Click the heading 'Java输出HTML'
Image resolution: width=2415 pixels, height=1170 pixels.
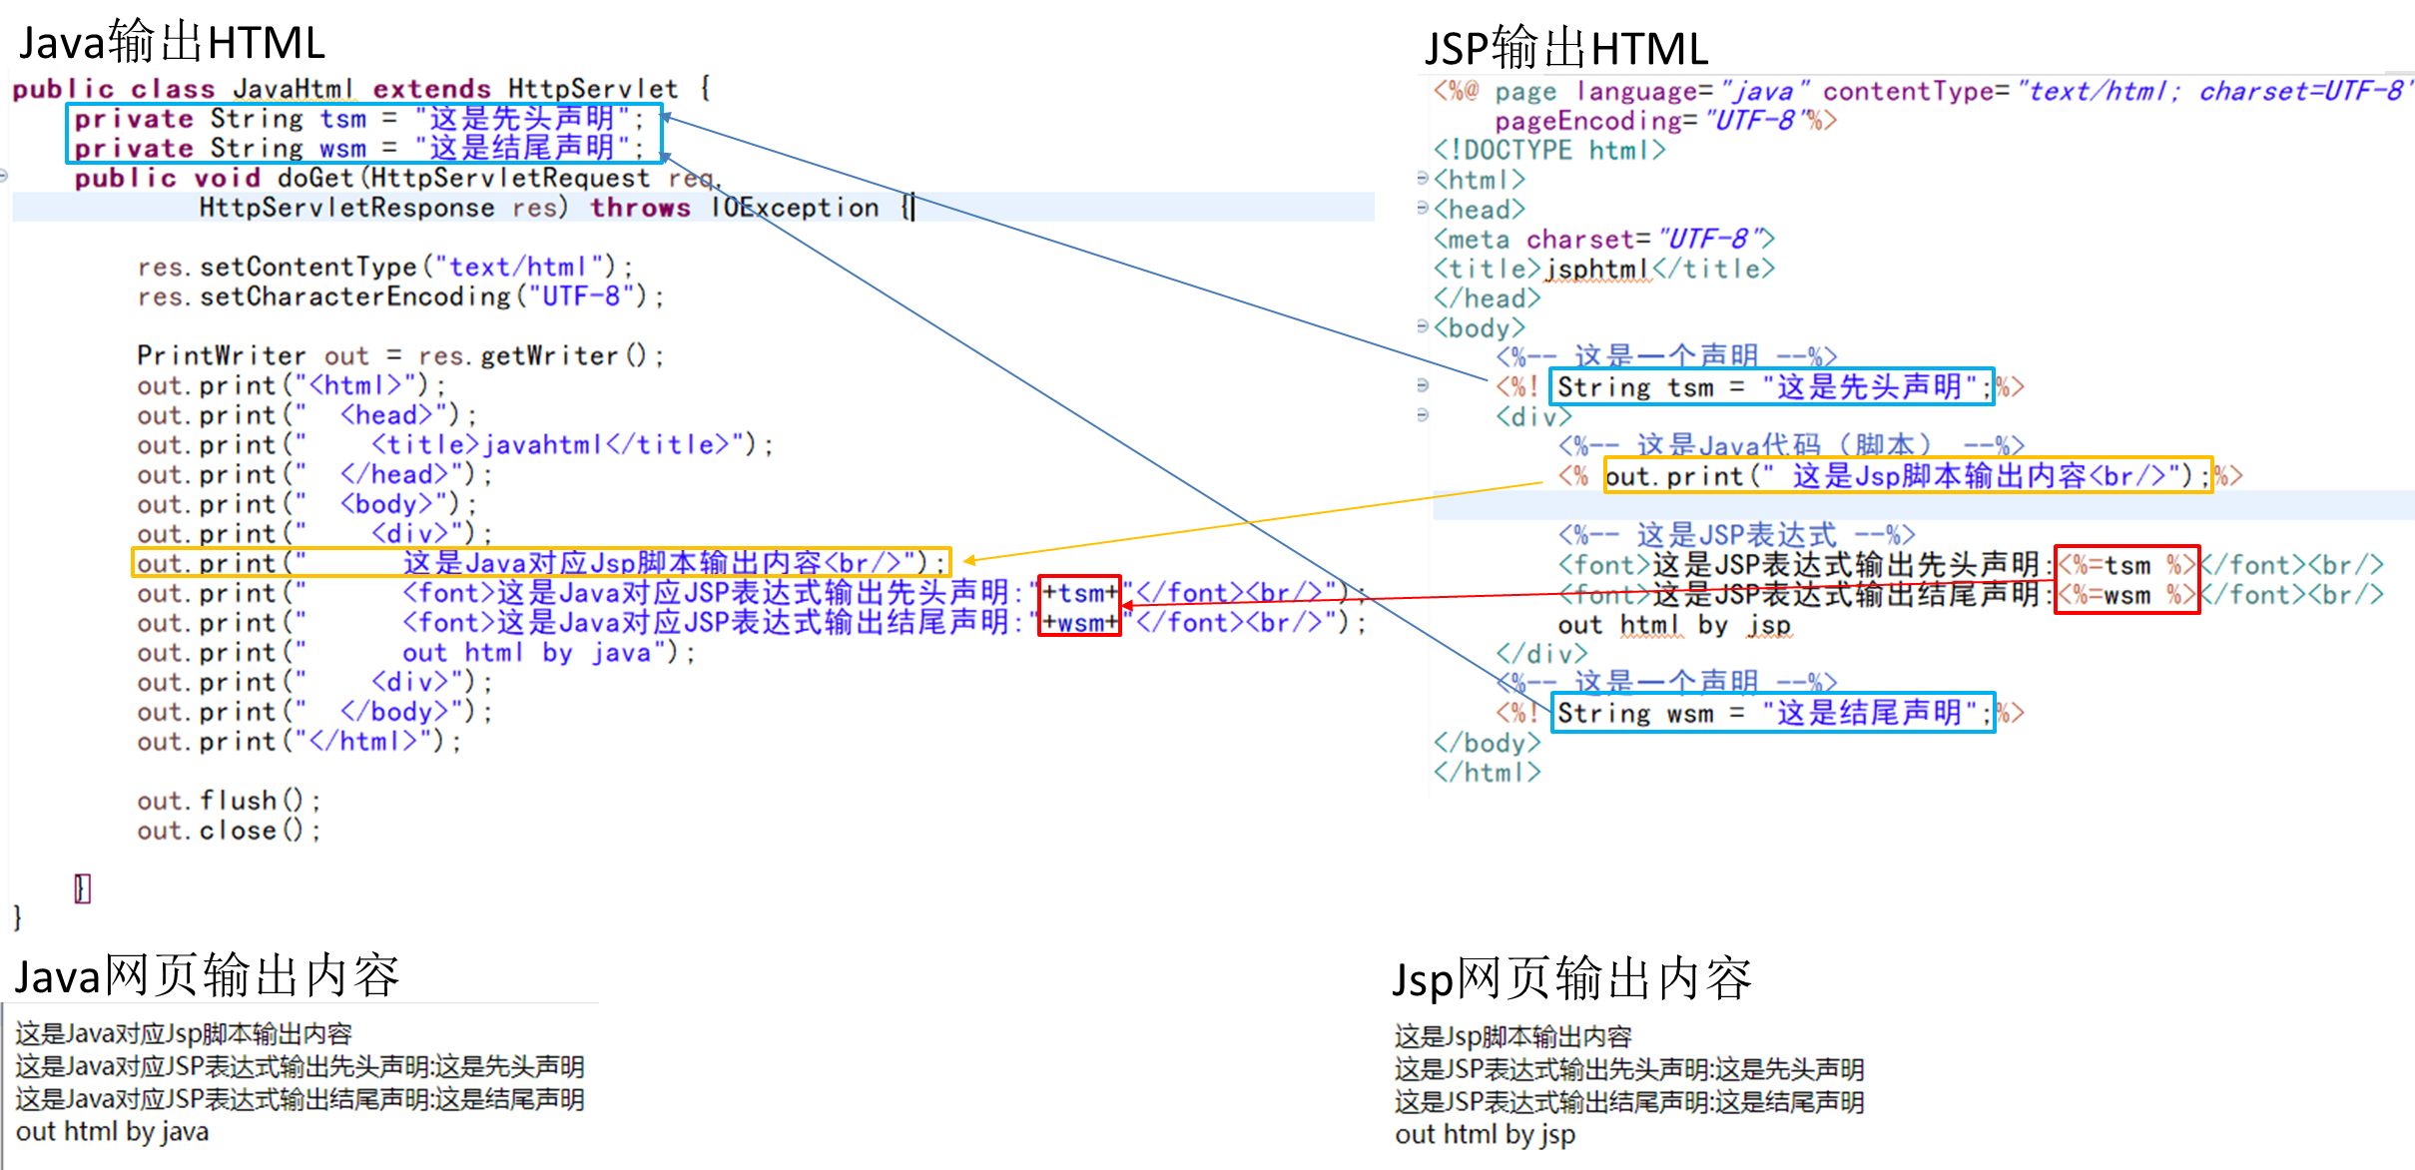click(172, 43)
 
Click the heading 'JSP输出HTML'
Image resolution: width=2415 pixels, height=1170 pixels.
click(1566, 48)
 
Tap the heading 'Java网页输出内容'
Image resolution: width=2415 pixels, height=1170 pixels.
click(207, 975)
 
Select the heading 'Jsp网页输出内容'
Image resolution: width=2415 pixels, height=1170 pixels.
click(1571, 978)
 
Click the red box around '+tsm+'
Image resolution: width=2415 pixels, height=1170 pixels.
click(1079, 592)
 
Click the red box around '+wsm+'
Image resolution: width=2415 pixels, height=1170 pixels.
click(1079, 623)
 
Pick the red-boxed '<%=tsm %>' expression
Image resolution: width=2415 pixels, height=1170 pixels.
click(2126, 565)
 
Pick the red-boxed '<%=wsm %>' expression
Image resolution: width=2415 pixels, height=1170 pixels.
click(2126, 596)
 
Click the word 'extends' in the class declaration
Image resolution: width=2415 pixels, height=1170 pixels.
click(431, 89)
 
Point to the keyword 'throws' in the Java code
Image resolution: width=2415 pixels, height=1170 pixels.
click(640, 208)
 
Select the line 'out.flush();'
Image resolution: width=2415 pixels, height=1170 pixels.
click(229, 801)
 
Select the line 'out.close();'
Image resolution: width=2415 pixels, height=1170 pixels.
click(229, 831)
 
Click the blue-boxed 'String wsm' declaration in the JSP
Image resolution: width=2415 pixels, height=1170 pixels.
click(1772, 713)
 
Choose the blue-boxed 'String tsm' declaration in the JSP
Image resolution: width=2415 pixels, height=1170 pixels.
click(1772, 386)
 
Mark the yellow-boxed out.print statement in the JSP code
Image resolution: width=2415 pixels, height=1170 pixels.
click(1907, 476)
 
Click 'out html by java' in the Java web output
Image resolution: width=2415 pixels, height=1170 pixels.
click(112, 1132)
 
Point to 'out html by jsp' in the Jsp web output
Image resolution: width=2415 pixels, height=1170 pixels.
click(1485, 1135)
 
